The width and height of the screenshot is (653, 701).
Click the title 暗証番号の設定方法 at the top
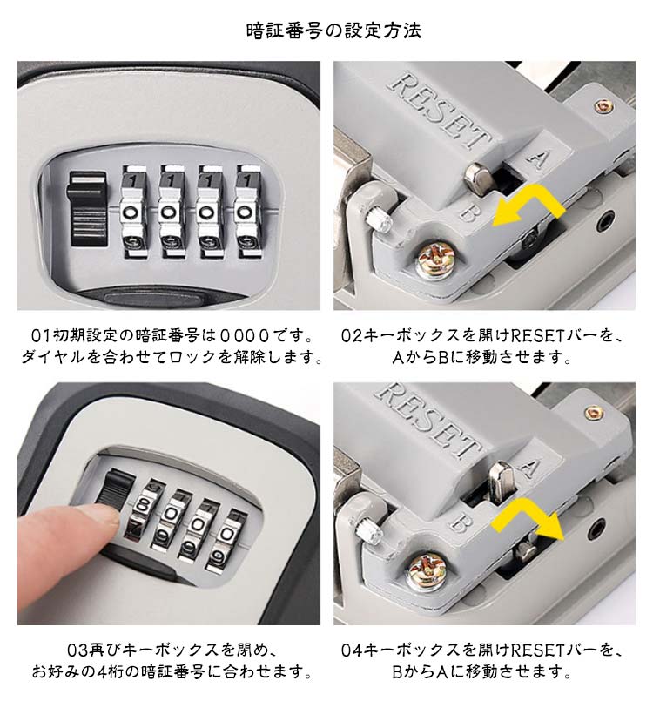coord(333,30)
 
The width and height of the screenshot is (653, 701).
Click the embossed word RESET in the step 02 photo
coord(441,111)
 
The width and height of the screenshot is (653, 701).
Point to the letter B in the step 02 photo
coord(468,212)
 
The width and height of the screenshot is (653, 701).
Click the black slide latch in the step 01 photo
coord(87,209)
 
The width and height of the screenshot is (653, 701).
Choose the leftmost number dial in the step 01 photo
coord(134,212)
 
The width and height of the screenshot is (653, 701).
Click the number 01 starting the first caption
coord(40,335)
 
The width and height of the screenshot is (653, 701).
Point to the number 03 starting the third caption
coord(77,650)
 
